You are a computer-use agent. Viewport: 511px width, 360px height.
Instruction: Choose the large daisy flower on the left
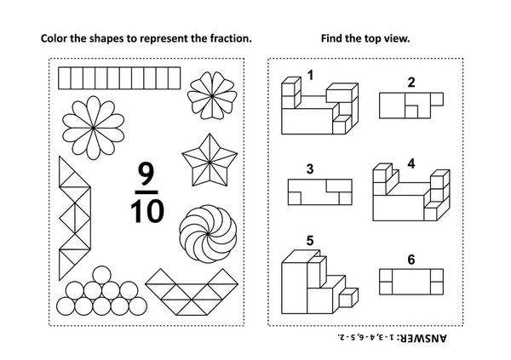tap(95, 126)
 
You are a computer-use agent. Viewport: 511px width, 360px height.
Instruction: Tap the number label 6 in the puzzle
tap(411, 260)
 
